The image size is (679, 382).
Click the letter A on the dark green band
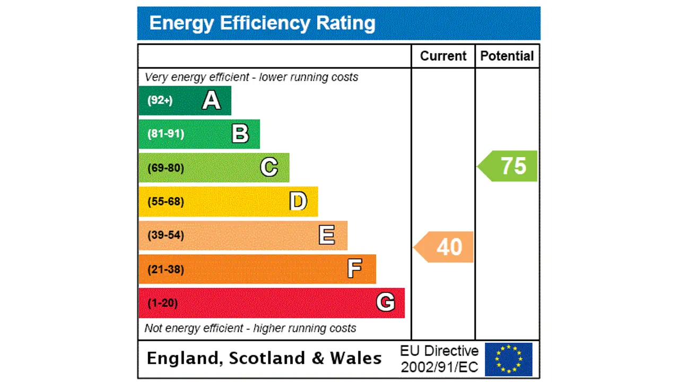[211, 100]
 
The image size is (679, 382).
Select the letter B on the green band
[240, 134]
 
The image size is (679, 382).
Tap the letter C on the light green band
[269, 168]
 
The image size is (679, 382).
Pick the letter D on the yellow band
[298, 202]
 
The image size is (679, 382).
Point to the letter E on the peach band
[327, 235]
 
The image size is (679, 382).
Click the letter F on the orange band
[354, 269]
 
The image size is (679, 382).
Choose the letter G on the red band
[385, 302]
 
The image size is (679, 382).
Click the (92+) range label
[160, 100]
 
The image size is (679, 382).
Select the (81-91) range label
[166, 134]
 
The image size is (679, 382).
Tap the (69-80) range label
[166, 168]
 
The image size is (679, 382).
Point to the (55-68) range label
[166, 202]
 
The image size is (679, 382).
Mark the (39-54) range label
[166, 235]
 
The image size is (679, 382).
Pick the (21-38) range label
[166, 269]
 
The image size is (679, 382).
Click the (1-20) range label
[162, 303]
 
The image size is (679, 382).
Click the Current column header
[443, 56]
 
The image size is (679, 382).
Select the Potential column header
[507, 56]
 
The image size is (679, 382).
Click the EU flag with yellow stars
[508, 359]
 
